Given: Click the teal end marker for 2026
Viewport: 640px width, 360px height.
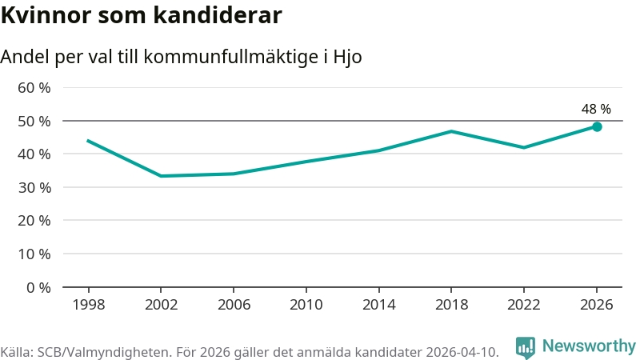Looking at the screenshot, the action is (597, 127).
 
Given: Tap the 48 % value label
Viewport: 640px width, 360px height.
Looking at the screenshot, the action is (596, 109).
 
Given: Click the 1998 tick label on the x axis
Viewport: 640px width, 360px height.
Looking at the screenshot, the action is (89, 305).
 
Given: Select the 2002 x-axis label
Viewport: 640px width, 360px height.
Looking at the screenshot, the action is (162, 305).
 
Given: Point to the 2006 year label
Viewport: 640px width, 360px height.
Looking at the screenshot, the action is (234, 305).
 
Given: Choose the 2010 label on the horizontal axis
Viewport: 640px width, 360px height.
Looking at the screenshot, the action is (306, 305).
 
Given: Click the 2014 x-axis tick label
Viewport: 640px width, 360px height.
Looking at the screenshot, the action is (378, 305).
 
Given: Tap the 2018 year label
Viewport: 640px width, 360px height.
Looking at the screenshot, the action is (451, 305).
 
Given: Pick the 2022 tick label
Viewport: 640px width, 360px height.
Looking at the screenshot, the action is (524, 305).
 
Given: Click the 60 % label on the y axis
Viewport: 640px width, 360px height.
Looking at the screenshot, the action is (34, 88).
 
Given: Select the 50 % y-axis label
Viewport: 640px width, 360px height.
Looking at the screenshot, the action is (34, 122).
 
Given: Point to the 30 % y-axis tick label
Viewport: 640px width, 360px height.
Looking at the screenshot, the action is (34, 188).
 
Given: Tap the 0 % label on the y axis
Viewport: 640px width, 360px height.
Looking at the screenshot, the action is (38, 288).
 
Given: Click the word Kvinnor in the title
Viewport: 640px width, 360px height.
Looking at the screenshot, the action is (46, 15).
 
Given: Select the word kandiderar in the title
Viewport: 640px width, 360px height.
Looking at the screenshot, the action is (218, 15).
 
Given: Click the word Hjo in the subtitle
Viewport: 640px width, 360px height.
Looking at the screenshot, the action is (347, 57).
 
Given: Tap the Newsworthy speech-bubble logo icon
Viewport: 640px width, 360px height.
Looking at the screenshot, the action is (526, 348).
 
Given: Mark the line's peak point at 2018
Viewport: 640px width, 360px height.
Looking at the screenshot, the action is (451, 131).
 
